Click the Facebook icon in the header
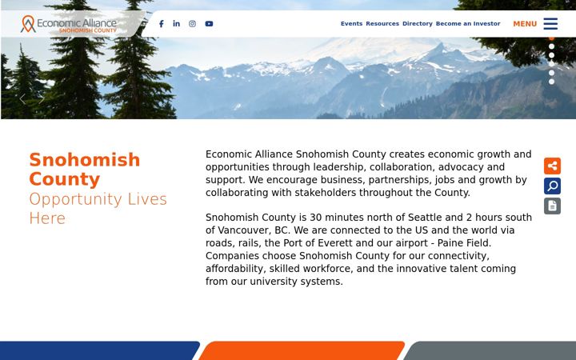coord(162,24)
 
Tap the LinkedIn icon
coord(176,23)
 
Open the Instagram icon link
coord(192,24)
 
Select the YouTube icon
coord(209,24)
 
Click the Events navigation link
coord(351,23)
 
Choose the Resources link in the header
coord(382,23)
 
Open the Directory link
coord(418,23)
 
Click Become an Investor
coord(468,23)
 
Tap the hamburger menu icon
coord(550,23)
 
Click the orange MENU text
coord(525,24)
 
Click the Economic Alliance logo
coord(69,24)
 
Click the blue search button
coord(552,186)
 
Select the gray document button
coord(552,206)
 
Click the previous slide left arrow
coord(22,99)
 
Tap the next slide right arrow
coord(42,99)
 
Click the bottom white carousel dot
coord(551,82)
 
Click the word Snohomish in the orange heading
coord(85,160)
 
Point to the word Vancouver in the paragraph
coord(244,230)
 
